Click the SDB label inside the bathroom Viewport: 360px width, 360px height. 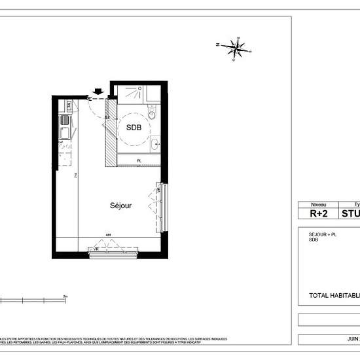click(134, 128)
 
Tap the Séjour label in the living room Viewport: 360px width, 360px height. click(120, 205)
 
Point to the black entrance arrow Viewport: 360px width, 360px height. click(99, 92)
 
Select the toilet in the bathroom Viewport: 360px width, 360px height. click(153, 115)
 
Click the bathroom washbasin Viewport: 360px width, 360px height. click(154, 144)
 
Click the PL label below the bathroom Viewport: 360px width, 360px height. click(139, 160)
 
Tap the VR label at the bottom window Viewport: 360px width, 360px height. click(96, 248)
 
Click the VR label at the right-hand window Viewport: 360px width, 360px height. click(158, 189)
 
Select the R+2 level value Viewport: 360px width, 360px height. click(319, 213)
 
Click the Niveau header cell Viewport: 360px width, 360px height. click(319, 204)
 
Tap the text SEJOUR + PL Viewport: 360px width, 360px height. click(323, 233)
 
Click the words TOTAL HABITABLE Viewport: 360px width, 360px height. click(334, 295)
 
